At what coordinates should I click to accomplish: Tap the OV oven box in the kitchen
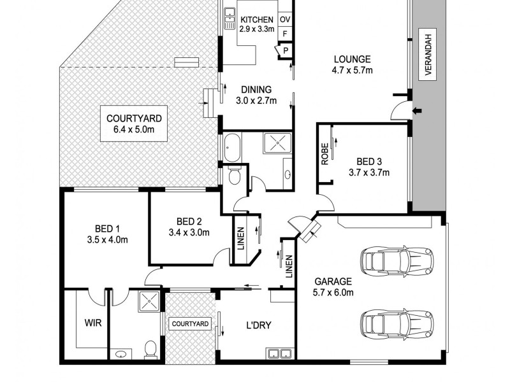pyautogui.click(x=285, y=20)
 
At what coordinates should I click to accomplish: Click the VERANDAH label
pyautogui.click(x=428, y=54)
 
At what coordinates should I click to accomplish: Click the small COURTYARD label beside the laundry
pyautogui.click(x=190, y=324)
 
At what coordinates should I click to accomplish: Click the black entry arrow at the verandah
pyautogui.click(x=417, y=112)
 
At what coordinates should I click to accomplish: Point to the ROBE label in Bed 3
pyautogui.click(x=325, y=154)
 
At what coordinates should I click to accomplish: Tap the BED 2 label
pyautogui.click(x=189, y=222)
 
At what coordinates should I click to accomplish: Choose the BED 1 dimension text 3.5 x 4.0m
pyautogui.click(x=107, y=239)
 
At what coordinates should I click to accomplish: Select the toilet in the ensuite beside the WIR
pyautogui.click(x=151, y=349)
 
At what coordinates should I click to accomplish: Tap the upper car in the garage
pyautogui.click(x=397, y=260)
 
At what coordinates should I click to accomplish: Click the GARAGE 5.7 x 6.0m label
pyautogui.click(x=333, y=286)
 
